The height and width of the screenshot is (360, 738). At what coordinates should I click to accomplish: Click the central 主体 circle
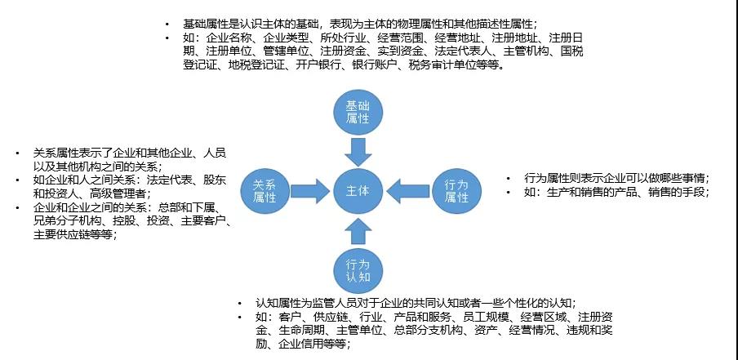358,190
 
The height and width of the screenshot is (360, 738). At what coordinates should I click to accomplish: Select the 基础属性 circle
358,112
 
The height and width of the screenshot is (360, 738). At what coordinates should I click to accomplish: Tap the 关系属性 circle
264,190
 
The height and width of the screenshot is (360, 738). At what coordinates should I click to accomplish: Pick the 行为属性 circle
456,190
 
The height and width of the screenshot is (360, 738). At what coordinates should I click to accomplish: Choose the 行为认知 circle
358,270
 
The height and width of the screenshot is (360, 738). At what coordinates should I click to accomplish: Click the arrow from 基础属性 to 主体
358,152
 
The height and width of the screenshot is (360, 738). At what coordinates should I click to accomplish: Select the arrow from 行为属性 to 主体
407,190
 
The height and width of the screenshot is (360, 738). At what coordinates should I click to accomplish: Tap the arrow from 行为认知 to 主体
358,230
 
